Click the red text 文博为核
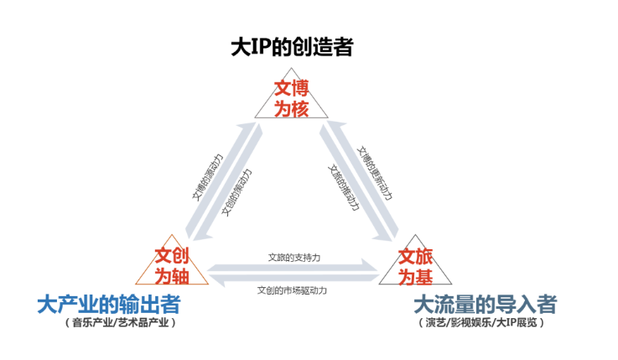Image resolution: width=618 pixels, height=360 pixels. tap(291, 97)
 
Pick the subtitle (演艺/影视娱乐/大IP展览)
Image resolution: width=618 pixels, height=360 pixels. tap(481, 322)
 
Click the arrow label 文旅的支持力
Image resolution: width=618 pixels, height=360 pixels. tap(294, 256)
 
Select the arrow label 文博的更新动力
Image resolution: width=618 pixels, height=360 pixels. tap(375, 169)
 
